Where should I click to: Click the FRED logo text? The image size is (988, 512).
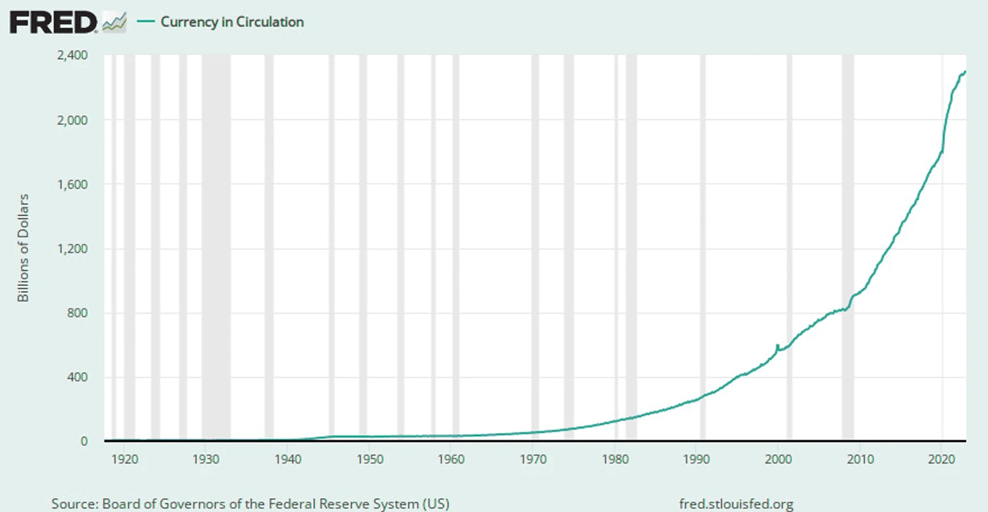pos(53,23)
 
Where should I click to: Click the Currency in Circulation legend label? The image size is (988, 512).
pos(231,22)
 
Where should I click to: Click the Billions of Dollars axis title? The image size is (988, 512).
pos(23,248)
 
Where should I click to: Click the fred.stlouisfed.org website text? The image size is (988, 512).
pos(736,504)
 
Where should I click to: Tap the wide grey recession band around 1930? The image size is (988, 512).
pos(216,247)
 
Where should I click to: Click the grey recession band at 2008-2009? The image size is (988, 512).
pos(848,247)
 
